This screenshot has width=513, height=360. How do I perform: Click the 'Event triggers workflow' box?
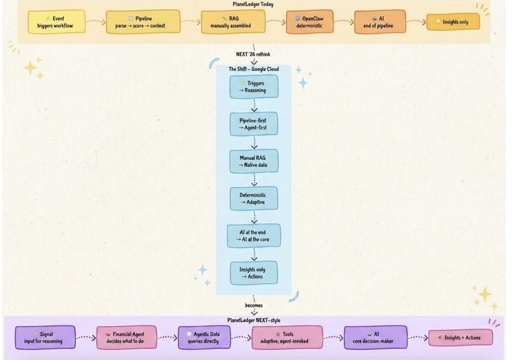click(x=56, y=22)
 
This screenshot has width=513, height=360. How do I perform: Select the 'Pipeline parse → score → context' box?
click(x=143, y=22)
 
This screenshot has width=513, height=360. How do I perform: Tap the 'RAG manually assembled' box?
click(x=233, y=22)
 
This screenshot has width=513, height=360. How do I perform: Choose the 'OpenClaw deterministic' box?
click(x=310, y=22)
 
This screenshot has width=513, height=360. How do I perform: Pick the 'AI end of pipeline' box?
click(x=380, y=22)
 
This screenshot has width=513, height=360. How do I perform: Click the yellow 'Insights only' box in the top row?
click(x=453, y=22)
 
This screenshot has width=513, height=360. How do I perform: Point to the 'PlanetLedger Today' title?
click(x=253, y=4)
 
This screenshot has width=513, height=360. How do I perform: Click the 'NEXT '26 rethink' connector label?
click(x=253, y=55)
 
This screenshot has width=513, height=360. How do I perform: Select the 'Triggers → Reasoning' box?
click(x=254, y=87)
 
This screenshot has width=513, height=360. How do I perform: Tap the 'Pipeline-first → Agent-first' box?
click(x=254, y=124)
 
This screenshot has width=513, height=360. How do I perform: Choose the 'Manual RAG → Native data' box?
click(x=254, y=161)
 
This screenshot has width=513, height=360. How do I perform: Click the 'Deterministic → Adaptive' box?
click(x=254, y=199)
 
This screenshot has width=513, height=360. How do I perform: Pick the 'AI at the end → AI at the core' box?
click(x=254, y=236)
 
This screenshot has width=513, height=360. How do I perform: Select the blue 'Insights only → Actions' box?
click(x=254, y=273)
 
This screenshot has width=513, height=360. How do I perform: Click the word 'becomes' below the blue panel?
click(x=254, y=305)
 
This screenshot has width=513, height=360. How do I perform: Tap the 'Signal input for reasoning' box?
click(x=45, y=338)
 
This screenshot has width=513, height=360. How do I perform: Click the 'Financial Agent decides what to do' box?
click(x=126, y=338)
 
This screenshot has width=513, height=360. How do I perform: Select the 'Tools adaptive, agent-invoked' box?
click(x=287, y=338)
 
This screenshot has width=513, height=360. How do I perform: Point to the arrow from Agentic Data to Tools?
click(x=241, y=338)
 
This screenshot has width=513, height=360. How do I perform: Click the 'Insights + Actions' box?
click(x=460, y=338)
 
